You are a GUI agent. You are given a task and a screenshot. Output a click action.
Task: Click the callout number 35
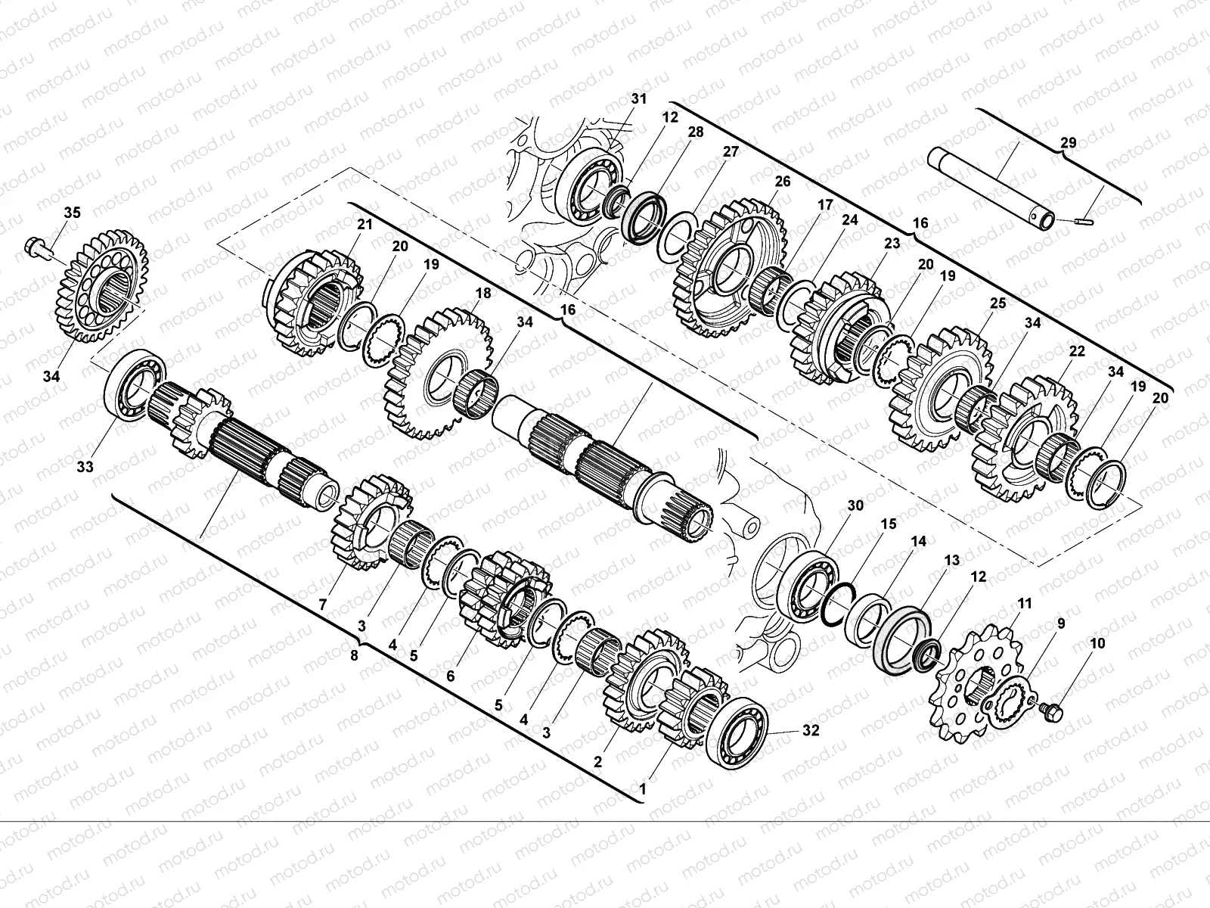(72, 213)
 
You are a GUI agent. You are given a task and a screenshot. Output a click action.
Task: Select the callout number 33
(85, 467)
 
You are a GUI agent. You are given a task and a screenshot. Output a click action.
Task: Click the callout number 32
(811, 730)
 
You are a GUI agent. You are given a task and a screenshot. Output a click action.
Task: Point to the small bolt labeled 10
(1050, 712)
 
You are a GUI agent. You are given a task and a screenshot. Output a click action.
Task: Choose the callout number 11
(1024, 604)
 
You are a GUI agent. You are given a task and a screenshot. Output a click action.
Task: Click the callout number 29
(1069, 143)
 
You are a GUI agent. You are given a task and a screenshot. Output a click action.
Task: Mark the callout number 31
(638, 98)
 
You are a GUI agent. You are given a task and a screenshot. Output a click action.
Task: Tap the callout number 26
(782, 182)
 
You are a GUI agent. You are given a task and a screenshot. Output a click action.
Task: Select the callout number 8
(354, 655)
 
